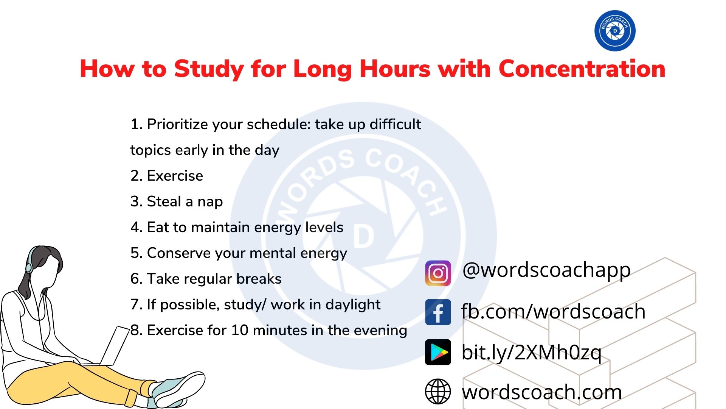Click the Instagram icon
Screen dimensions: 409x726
[x=438, y=273]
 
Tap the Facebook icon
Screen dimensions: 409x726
[x=438, y=312]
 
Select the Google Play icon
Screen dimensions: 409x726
[x=438, y=352]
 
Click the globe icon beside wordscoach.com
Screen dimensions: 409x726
[x=438, y=392]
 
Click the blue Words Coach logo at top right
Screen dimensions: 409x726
[x=615, y=31]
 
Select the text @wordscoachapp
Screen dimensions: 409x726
[x=546, y=270]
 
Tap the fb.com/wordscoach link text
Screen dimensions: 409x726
[x=553, y=312]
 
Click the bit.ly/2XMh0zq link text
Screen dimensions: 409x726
[x=531, y=353]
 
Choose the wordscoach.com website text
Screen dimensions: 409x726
[x=542, y=392]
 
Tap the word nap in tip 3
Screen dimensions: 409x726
[x=210, y=202]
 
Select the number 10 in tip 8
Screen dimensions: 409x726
[x=239, y=330]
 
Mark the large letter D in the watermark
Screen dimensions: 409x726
[x=363, y=237]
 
